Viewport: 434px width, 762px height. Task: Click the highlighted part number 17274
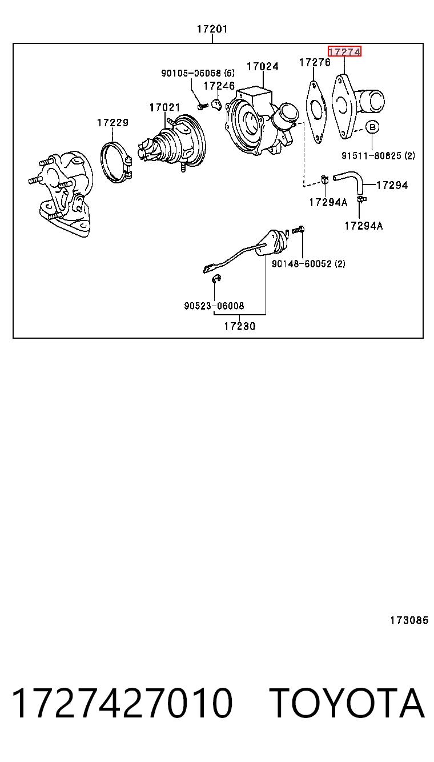[x=344, y=52]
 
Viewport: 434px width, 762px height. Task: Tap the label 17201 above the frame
[x=212, y=29]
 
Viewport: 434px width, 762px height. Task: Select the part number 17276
[x=315, y=62]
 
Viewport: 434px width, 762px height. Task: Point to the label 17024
[x=263, y=66]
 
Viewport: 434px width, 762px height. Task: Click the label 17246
[x=219, y=86]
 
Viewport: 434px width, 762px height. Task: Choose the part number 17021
[x=165, y=107]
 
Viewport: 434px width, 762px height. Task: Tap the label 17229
[x=113, y=123]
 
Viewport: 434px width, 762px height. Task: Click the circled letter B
[x=372, y=127]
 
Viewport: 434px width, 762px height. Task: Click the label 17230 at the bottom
[x=239, y=327]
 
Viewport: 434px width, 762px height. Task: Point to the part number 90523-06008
[x=214, y=306]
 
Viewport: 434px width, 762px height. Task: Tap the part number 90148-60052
[x=302, y=264]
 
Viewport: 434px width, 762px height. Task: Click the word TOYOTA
[x=347, y=703]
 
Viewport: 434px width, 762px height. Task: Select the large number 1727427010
[x=122, y=703]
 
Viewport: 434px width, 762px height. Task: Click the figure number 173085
[x=409, y=620]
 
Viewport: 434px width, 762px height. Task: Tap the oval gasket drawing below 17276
[x=308, y=113]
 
